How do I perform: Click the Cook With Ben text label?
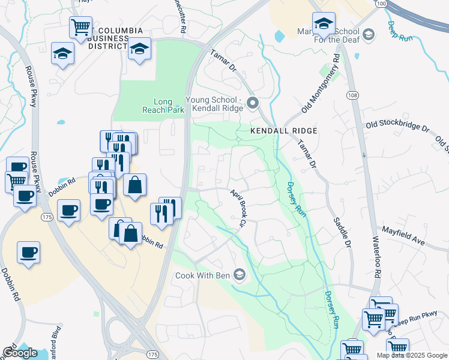(203, 276)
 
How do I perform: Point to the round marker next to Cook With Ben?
(240, 275)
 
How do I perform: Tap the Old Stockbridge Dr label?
(399, 128)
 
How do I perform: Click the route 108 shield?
(352, 95)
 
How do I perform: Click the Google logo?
(20, 353)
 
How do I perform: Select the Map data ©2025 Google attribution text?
(411, 355)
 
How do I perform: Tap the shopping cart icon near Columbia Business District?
(80, 27)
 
